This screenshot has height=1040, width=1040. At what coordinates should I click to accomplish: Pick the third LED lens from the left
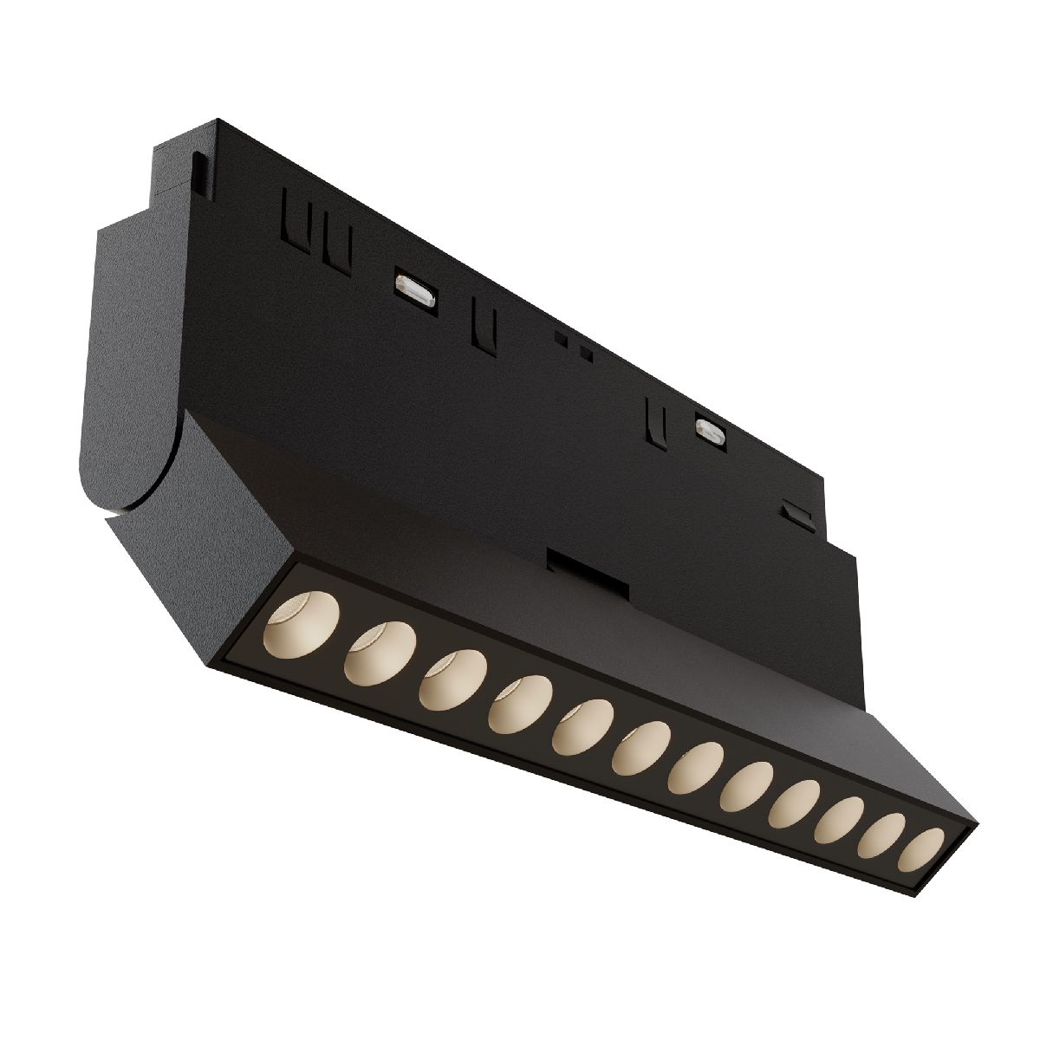[x=448, y=679]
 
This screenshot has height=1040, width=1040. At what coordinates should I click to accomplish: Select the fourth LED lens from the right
[x=795, y=803]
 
